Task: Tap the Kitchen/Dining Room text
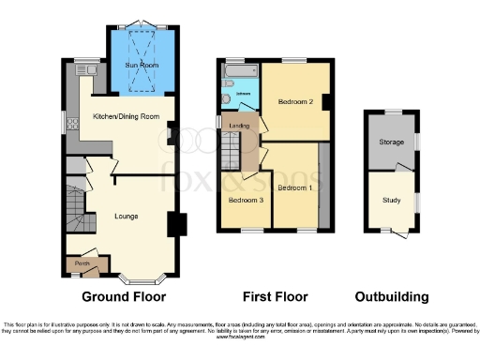click(122, 116)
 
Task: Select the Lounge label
click(126, 217)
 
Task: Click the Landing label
click(240, 126)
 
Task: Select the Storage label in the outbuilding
click(390, 143)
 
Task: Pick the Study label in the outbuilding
click(390, 200)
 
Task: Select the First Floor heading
click(275, 297)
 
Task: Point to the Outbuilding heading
click(391, 297)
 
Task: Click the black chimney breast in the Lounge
click(176, 225)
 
